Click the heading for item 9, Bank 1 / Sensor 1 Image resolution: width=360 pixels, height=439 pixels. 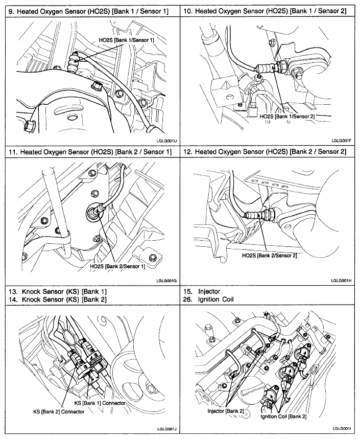click(x=90, y=10)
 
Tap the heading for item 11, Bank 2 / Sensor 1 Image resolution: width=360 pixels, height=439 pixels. click(x=90, y=152)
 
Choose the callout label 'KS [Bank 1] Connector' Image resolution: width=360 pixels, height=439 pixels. click(x=100, y=403)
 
